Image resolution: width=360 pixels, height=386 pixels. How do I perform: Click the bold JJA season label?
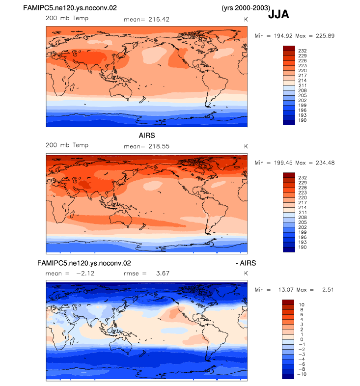pos(278,14)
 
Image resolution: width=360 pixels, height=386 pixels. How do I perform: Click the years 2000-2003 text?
pos(246,8)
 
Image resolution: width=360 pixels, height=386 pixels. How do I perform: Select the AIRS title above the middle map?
pos(147,136)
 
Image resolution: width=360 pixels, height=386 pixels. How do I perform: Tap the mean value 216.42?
pos(159,20)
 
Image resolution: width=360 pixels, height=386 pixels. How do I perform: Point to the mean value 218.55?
pos(159,146)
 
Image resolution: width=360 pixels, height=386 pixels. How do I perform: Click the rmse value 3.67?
pos(163,274)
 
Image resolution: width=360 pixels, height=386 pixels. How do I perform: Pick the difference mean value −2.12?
pos(85,274)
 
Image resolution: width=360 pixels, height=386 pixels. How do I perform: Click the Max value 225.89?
pos(325,36)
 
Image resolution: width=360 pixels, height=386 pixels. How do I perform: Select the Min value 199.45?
pos(283,163)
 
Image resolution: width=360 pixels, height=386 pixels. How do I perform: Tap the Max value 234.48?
pos(325,163)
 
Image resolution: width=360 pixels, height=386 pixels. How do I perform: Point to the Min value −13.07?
pos(284,290)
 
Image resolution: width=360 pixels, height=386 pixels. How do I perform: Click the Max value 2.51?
pos(328,290)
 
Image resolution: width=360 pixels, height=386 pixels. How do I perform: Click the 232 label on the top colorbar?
pos(303,51)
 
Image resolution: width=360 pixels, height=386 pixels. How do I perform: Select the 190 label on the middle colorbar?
pos(303,248)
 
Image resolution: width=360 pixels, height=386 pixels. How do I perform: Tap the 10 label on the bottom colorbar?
pos(302,305)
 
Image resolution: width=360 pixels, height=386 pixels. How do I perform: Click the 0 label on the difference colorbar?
pos(302,339)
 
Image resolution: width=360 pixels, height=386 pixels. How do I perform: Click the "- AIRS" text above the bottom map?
pos(246,263)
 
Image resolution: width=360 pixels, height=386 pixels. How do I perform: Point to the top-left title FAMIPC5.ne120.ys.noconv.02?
pos(70,8)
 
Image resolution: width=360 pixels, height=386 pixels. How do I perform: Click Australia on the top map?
pos(121,90)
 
